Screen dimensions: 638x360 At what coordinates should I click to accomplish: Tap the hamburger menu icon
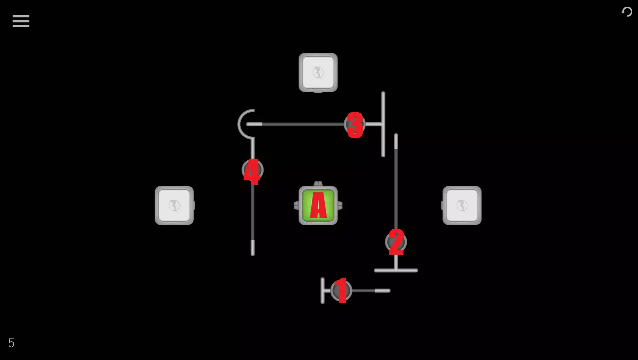21,21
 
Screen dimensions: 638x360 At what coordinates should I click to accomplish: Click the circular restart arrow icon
627,12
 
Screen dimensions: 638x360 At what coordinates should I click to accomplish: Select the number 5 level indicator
11,343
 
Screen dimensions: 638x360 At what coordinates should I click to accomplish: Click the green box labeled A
318,205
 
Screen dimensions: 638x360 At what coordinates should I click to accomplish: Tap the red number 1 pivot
341,291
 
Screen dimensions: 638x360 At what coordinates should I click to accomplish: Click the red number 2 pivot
396,242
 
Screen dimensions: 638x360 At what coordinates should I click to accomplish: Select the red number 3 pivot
355,125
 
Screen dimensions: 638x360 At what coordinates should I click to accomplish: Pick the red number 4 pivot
252,171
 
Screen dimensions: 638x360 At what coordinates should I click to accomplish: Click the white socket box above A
318,72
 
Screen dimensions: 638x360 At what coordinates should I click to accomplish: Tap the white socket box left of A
174,205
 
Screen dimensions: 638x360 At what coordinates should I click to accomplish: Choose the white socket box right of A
462,205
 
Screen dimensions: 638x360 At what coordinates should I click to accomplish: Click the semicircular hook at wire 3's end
239,124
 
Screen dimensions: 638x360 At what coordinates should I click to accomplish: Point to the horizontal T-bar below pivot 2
396,270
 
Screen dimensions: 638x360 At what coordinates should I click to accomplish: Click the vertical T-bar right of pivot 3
383,124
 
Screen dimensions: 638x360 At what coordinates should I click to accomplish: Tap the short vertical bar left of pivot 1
322,291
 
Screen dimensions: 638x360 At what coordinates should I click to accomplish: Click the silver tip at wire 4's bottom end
253,248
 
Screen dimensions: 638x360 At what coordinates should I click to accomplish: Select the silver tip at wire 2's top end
396,141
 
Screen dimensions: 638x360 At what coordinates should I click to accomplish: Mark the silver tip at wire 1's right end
382,291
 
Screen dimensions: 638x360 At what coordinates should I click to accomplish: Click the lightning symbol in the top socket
318,72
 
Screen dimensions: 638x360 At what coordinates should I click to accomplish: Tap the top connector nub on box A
318,184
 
